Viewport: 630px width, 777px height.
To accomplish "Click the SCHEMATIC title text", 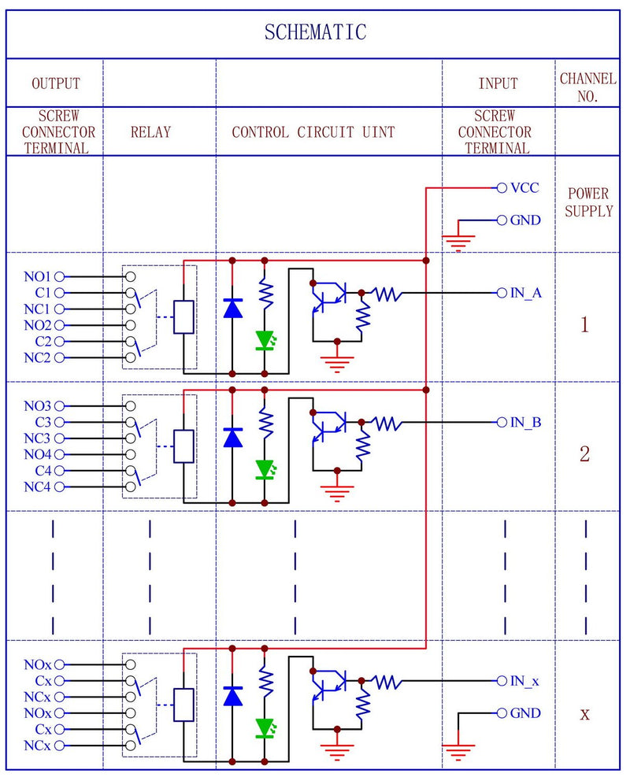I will coord(315,32).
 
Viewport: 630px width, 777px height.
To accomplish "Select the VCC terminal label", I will coord(525,188).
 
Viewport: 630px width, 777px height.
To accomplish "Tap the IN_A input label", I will coord(525,293).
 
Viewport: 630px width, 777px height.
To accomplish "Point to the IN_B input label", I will coord(525,423).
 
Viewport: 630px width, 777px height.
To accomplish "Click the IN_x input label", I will coord(524,681).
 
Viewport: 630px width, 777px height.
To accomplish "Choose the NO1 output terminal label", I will coord(37,277).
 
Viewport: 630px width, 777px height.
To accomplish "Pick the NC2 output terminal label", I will coord(37,358).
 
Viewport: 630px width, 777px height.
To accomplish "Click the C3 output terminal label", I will coord(43,422).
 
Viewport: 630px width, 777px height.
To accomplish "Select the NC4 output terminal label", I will coord(37,487).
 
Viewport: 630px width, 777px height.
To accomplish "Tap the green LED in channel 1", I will coord(265,340).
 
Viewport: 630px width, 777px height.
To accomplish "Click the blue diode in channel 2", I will coord(232,438).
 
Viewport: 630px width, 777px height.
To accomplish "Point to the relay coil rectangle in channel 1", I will coord(183,317).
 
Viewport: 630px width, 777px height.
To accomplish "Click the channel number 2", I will coord(584,454).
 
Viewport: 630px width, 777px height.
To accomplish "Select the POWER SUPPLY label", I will coord(588,202).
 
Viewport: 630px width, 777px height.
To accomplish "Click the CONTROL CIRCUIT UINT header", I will coord(314,132).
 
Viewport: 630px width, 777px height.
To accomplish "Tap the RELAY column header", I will coord(150,132).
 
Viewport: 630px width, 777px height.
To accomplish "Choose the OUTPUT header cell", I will coord(56,83).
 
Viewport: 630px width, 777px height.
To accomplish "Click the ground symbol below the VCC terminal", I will coord(460,239).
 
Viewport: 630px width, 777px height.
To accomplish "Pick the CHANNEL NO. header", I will coord(587,87).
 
